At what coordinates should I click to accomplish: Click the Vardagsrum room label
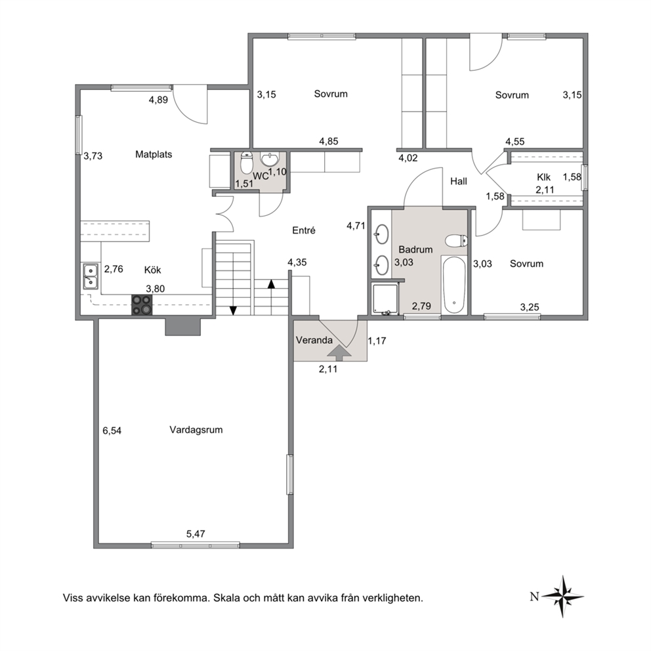(196, 430)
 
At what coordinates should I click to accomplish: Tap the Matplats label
(154, 154)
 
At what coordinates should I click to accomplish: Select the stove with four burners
(142, 304)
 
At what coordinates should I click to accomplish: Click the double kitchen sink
(91, 276)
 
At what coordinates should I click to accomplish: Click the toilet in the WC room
(247, 163)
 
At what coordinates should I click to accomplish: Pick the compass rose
(562, 596)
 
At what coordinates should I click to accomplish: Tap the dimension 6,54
(112, 430)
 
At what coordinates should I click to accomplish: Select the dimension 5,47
(196, 534)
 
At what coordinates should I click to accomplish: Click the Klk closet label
(543, 177)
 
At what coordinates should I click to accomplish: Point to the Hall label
(459, 181)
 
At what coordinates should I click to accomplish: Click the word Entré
(304, 230)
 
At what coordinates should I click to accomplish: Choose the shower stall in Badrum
(385, 299)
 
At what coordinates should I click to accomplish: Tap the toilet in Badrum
(456, 240)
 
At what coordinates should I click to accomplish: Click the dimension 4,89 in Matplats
(159, 100)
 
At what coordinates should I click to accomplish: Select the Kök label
(152, 270)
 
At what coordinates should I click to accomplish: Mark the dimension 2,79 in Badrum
(421, 306)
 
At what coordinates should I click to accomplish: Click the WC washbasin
(270, 159)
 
